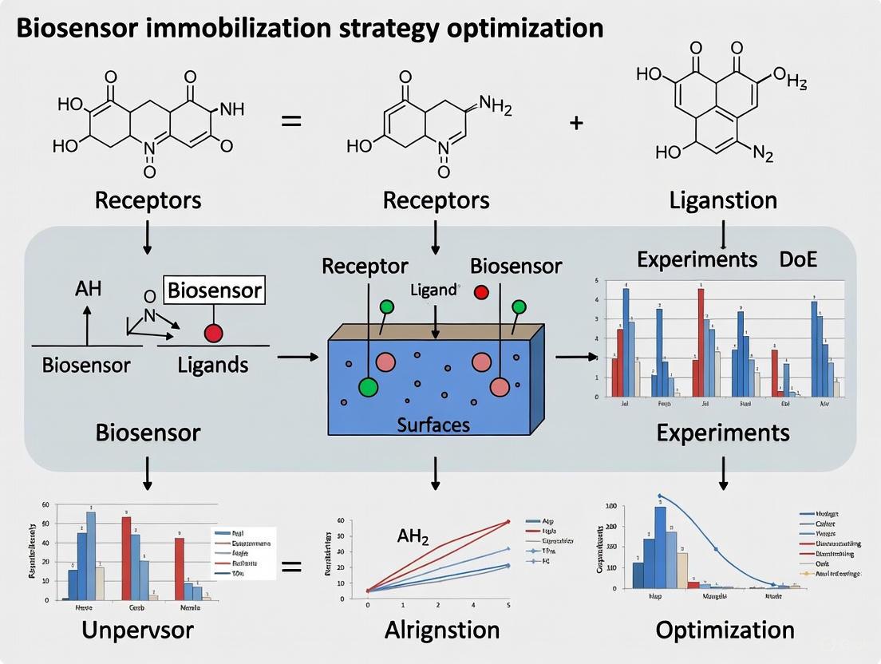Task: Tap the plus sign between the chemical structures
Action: tap(577, 124)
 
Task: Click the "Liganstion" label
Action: tap(723, 200)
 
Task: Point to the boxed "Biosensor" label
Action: tap(214, 290)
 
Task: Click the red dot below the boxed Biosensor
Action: tap(213, 333)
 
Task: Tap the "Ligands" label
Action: tap(212, 366)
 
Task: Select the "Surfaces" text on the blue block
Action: tap(433, 424)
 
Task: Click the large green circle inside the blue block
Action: tap(368, 387)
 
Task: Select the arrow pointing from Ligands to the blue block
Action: tap(297, 357)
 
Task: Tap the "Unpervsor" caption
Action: tap(138, 630)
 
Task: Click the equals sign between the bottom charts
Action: tap(291, 567)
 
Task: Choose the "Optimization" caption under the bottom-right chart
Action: tap(725, 630)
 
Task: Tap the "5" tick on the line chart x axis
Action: tap(508, 606)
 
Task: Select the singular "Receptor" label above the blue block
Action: tap(365, 266)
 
